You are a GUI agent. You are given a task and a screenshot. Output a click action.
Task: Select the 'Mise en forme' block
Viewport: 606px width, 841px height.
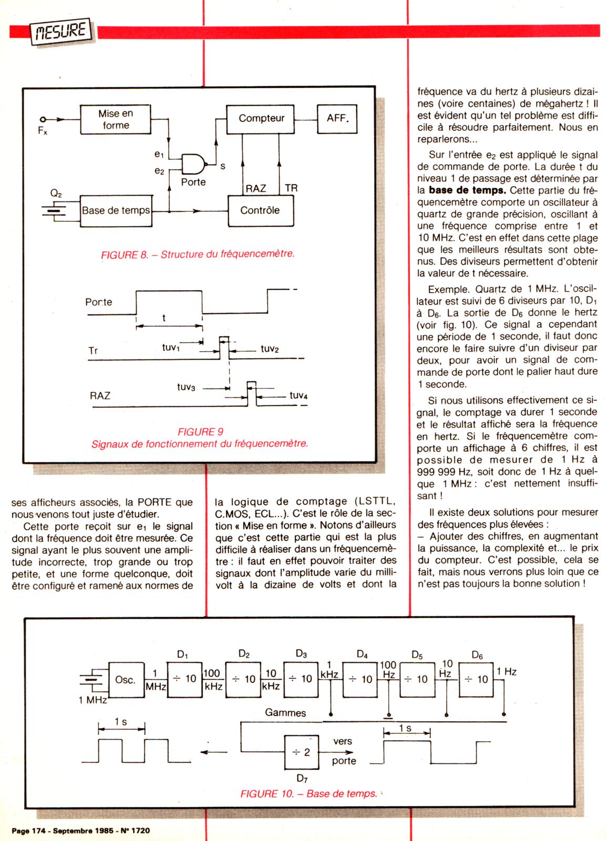click(116, 119)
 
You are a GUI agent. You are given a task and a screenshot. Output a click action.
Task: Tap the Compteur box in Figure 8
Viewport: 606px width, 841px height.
click(261, 119)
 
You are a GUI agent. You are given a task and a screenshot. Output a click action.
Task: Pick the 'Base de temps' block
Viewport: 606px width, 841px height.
click(116, 211)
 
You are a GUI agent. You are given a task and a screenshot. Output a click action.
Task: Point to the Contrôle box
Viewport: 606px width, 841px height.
click(260, 211)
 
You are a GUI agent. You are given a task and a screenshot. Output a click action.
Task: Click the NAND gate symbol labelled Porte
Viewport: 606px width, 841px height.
click(194, 164)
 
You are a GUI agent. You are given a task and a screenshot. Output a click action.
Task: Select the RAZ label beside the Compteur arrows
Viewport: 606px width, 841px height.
click(256, 188)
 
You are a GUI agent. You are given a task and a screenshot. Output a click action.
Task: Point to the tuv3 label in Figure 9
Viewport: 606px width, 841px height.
click(186, 387)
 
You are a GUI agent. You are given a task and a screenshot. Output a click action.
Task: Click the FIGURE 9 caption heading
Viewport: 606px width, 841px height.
click(200, 432)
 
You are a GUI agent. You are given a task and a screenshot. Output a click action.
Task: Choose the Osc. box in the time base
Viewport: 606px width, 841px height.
click(125, 679)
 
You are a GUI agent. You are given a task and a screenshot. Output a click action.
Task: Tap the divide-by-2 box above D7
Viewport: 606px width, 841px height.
click(302, 752)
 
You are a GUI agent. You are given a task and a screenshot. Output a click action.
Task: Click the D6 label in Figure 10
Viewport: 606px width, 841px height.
click(477, 655)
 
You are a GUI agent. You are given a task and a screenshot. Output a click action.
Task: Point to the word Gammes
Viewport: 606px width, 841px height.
click(285, 713)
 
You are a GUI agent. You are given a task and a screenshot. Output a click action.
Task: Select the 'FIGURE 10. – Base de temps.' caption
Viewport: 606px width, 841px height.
click(309, 794)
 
